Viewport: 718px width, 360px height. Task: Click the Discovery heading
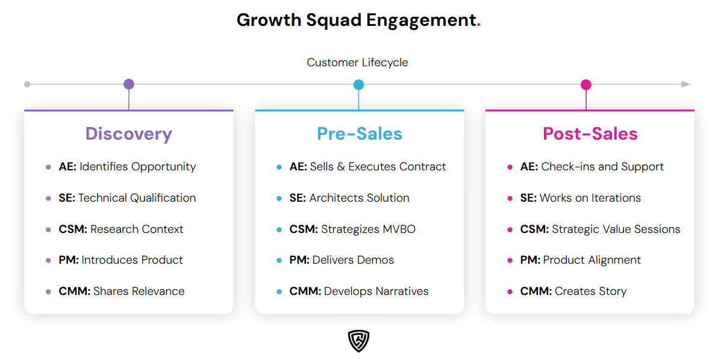coord(128,134)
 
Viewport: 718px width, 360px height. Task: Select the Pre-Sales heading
coord(360,134)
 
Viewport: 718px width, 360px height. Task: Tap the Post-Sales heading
coord(590,134)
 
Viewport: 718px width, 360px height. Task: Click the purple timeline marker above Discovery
coord(129,84)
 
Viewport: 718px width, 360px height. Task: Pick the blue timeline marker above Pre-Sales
coord(358,84)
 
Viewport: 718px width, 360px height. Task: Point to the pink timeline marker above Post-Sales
coord(586,84)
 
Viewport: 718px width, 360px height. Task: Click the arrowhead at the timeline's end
coord(686,84)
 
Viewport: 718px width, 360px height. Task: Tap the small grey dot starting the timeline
coord(27,84)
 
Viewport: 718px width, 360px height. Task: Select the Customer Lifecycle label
coord(357,63)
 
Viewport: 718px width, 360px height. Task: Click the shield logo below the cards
coord(358,341)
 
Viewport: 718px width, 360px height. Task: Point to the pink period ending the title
coord(479,25)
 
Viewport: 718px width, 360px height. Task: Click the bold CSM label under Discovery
coord(73,229)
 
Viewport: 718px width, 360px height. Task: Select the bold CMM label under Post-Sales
coord(536,291)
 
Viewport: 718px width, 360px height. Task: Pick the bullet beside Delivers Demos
coord(279,261)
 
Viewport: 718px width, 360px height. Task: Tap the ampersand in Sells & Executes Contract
coord(341,167)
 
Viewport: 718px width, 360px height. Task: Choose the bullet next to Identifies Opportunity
coord(48,167)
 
